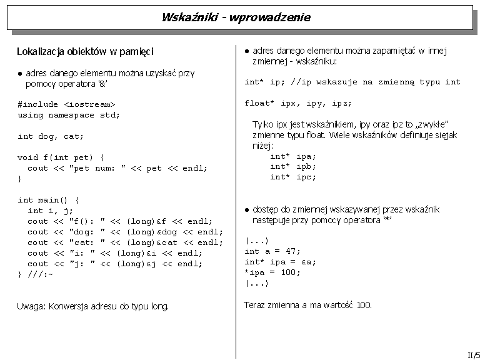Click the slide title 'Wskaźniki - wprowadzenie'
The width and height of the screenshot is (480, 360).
coord(236,17)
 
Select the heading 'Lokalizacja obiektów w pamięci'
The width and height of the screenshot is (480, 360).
coord(85,51)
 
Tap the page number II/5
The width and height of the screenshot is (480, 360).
coord(473,354)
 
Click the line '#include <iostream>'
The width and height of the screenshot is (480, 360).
coord(67,104)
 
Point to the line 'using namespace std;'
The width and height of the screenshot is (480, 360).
coord(69,115)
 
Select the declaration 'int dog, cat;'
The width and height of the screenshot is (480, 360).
coord(51,136)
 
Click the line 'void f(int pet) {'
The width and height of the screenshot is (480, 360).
coord(61,157)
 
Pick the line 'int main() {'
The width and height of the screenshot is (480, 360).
coord(49,200)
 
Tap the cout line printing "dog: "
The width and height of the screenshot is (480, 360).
coord(125,232)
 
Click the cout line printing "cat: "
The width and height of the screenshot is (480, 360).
coord(125,242)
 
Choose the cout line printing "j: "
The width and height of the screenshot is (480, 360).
coord(115,264)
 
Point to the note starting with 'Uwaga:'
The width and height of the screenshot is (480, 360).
coord(93,306)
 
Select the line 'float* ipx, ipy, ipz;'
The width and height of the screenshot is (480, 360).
coord(298,103)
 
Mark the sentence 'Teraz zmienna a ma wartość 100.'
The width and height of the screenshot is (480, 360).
coord(307,305)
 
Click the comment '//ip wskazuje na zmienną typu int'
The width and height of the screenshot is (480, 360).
coord(376,82)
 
